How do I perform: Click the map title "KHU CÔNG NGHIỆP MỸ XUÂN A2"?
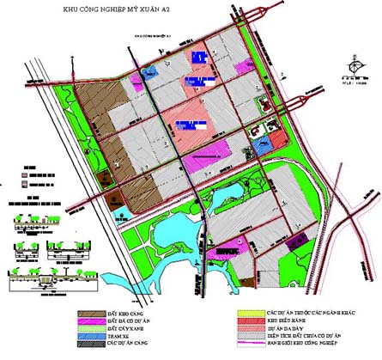(135, 9)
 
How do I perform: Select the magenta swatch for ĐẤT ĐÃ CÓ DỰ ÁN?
(88, 322)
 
